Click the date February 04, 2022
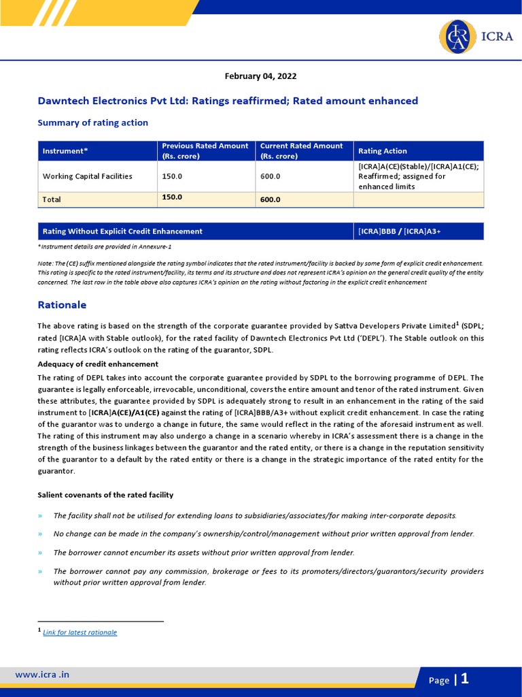pyautogui.click(x=260, y=76)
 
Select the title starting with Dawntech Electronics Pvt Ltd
pyautogui.click(x=228, y=101)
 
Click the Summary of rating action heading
pyautogui.click(x=92, y=123)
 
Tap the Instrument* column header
pyautogui.click(x=65, y=151)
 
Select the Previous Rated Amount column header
pyautogui.click(x=205, y=151)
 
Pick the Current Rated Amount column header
pyautogui.click(x=301, y=151)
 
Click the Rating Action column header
pyautogui.click(x=383, y=151)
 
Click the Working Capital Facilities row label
pyautogui.click(x=88, y=176)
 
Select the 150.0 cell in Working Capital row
pyautogui.click(x=172, y=176)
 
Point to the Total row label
pyautogui.click(x=52, y=199)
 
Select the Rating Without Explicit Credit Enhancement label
pyautogui.click(x=122, y=231)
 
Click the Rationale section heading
pyautogui.click(x=62, y=305)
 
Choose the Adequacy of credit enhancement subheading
pyautogui.click(x=98, y=364)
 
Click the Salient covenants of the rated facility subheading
pyautogui.click(x=105, y=495)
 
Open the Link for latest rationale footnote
pyautogui.click(x=80, y=632)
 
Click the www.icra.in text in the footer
pyautogui.click(x=42, y=675)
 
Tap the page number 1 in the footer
pyautogui.click(x=465, y=679)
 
